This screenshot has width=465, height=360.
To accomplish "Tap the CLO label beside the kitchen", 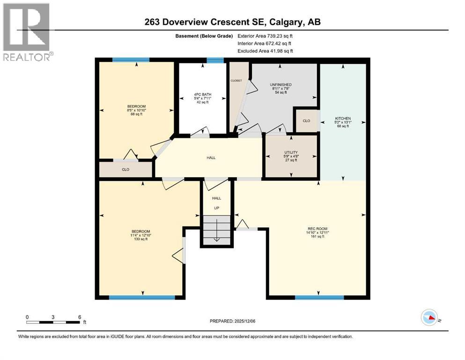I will (x=306, y=120).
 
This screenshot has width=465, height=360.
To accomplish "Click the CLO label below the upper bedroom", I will (x=125, y=169).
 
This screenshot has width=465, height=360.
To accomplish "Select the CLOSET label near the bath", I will (x=236, y=81).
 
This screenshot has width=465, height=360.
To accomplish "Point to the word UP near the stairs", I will (x=216, y=208).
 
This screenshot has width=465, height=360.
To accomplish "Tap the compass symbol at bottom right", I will (x=429, y=318).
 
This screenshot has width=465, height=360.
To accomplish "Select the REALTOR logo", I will (x=27, y=32).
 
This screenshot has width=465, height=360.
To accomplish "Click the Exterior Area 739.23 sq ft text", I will (x=266, y=36).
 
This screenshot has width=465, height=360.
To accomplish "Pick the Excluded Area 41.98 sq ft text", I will (x=266, y=51).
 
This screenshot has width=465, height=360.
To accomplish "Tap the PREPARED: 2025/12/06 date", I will (x=233, y=321).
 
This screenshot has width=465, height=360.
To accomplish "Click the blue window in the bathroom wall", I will (x=215, y=60).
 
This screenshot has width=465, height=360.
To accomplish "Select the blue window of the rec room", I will (x=319, y=297).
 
